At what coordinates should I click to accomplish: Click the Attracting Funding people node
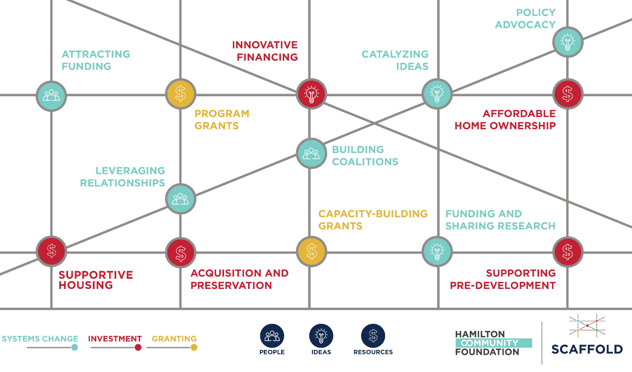pyautogui.click(x=51, y=96)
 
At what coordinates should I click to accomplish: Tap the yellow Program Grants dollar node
pyautogui.click(x=181, y=94)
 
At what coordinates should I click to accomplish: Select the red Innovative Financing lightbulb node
pyautogui.click(x=312, y=94)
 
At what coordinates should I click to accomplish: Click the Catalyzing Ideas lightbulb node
pyautogui.click(x=438, y=94)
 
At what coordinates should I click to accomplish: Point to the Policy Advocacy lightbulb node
pyautogui.click(x=567, y=42)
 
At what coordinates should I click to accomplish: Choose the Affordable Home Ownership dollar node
pyautogui.click(x=567, y=94)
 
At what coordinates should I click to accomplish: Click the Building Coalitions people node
pyautogui.click(x=312, y=153)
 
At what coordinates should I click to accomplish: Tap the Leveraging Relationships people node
pyautogui.click(x=181, y=199)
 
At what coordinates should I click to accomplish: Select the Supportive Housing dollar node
pyautogui.click(x=51, y=251)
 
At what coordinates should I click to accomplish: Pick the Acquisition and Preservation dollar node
pyautogui.click(x=181, y=253)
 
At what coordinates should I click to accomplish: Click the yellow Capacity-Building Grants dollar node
pyautogui.click(x=312, y=251)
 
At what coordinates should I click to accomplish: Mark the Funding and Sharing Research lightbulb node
pyautogui.click(x=438, y=251)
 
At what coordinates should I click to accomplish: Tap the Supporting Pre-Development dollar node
pyautogui.click(x=567, y=251)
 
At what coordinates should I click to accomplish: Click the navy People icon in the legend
pyautogui.click(x=272, y=336)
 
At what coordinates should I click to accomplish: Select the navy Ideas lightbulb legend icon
pyautogui.click(x=321, y=336)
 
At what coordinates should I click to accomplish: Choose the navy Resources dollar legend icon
pyautogui.click(x=373, y=336)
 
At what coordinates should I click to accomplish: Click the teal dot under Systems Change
pyautogui.click(x=75, y=347)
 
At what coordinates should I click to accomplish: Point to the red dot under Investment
pyautogui.click(x=138, y=347)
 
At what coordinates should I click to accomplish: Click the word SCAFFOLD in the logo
pyautogui.click(x=587, y=349)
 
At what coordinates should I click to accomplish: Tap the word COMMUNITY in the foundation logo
pyautogui.click(x=490, y=343)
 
